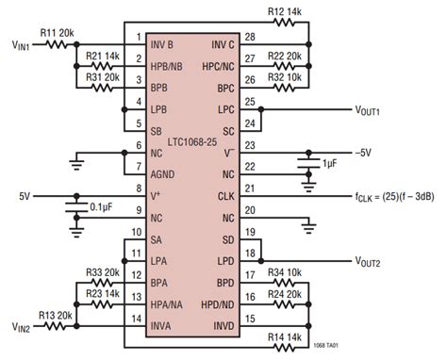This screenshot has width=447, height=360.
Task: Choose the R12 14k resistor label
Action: tap(284, 12)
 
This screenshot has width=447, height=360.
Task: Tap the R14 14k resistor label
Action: tap(284, 336)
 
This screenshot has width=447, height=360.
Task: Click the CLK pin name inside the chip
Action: tap(227, 195)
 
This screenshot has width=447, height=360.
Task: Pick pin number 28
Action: tap(249, 38)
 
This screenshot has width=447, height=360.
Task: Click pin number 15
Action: tap(249, 320)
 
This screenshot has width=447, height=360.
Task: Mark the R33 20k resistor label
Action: tap(103, 272)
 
